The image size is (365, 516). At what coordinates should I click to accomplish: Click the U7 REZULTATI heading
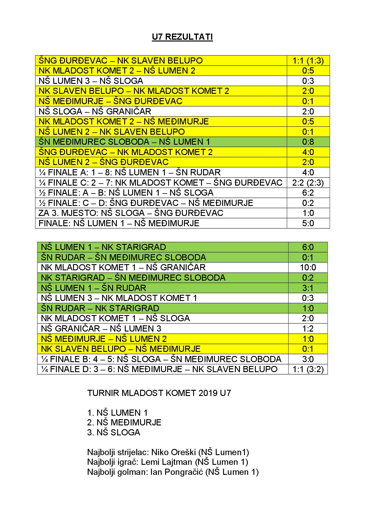(x=182, y=37)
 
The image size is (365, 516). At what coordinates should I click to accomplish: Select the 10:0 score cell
(x=308, y=267)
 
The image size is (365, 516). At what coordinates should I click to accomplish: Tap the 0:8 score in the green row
(x=308, y=142)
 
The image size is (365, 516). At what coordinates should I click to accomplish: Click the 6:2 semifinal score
(x=308, y=193)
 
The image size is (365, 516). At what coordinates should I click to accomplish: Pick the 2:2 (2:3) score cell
(x=308, y=183)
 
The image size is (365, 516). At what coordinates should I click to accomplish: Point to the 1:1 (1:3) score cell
(x=308, y=61)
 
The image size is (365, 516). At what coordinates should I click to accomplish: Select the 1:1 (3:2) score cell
(x=308, y=369)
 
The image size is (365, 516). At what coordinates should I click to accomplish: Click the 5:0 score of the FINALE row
(x=308, y=223)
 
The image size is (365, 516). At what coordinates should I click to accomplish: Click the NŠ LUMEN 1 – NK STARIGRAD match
(x=103, y=247)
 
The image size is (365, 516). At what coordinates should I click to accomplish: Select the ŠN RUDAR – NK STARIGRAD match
(x=100, y=308)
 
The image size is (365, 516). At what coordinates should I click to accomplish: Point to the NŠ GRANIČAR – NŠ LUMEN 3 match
(x=101, y=328)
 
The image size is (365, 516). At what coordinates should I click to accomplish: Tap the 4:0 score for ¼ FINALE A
(x=308, y=172)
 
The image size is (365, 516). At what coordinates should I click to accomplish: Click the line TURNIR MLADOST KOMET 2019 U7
(x=159, y=393)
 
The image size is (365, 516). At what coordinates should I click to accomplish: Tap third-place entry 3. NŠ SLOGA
(x=114, y=432)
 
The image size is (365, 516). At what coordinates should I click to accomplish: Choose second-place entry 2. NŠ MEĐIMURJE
(x=124, y=422)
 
